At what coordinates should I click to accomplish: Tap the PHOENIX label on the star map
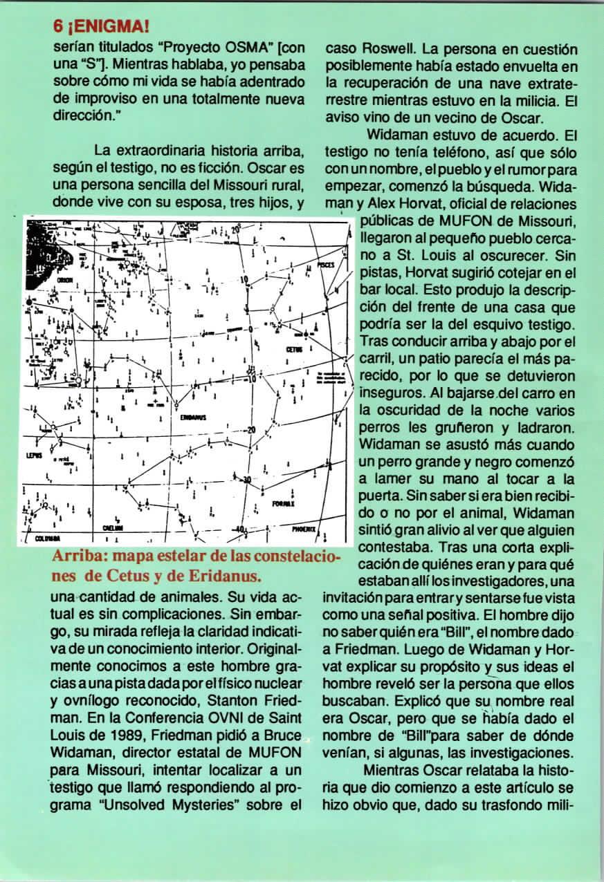pos(303,529)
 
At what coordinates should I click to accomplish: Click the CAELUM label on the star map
pos(112,528)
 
